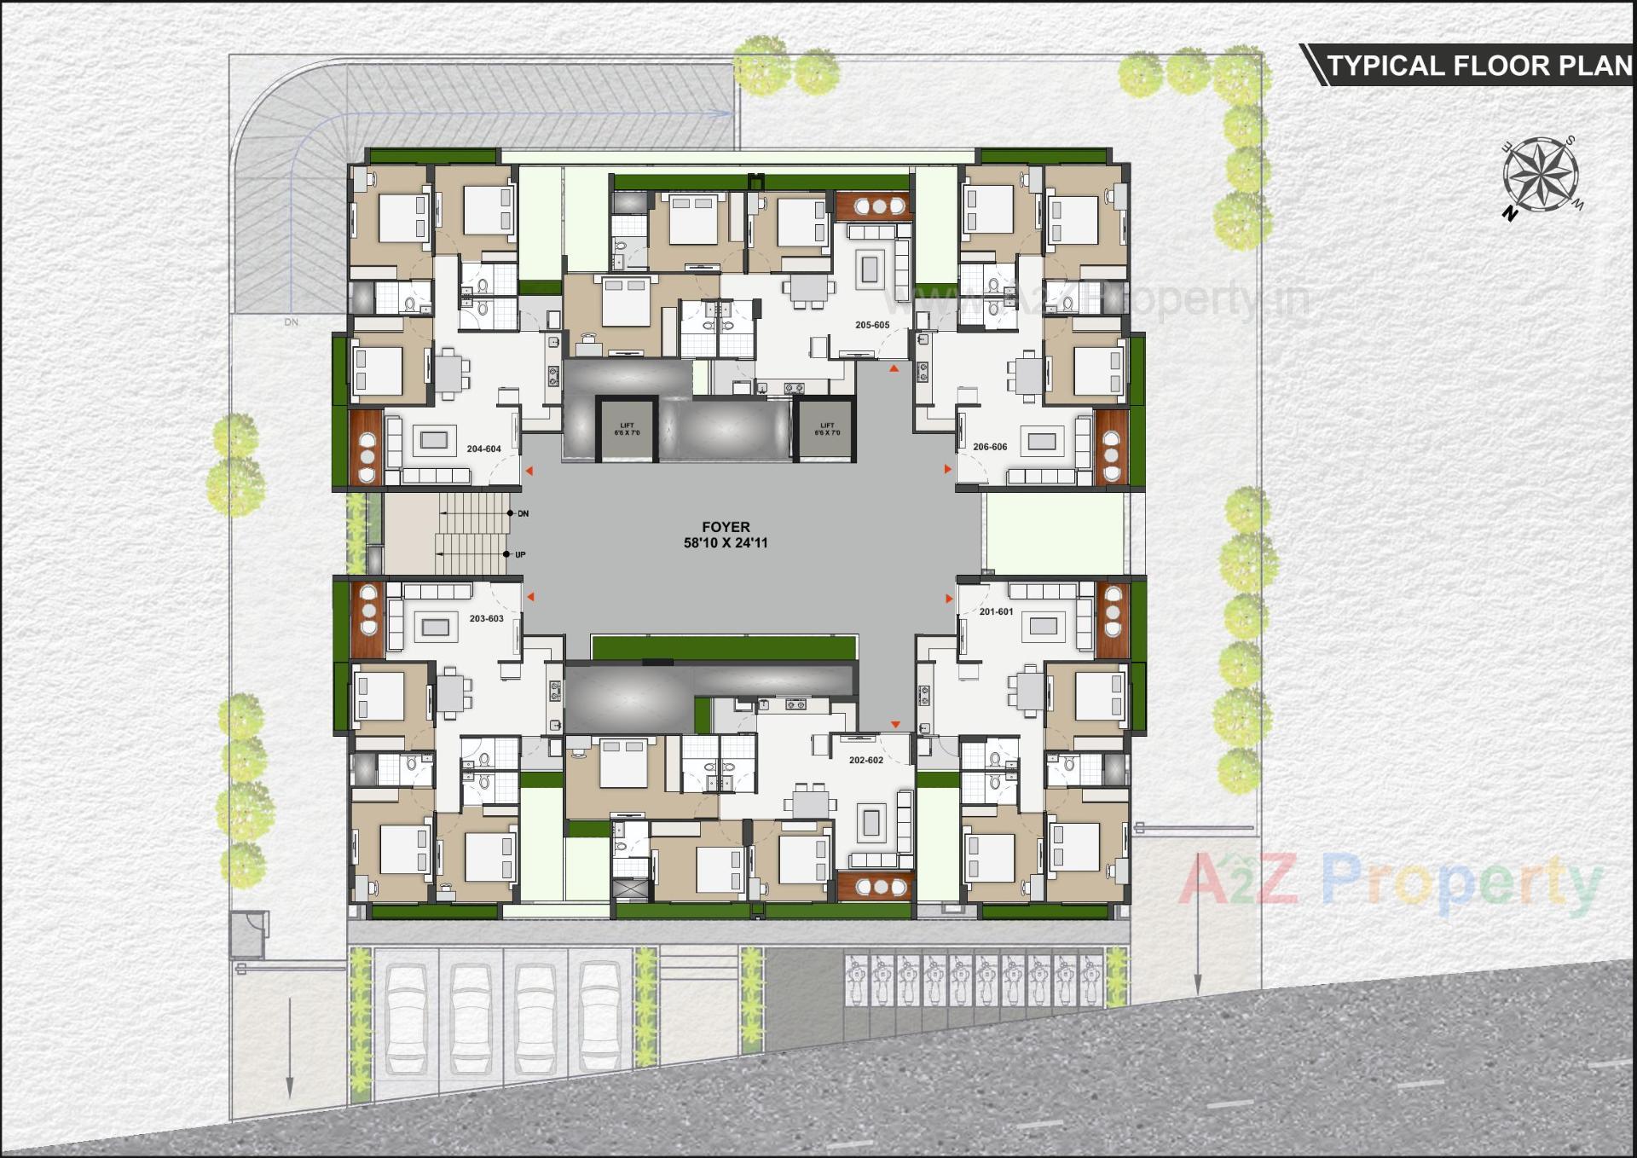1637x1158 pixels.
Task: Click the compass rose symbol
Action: [1541, 176]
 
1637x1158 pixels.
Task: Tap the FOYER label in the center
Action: [726, 527]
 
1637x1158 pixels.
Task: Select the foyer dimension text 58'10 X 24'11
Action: [726, 542]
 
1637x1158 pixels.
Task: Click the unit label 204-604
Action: [483, 449]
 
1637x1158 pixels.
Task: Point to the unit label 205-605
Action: [872, 325]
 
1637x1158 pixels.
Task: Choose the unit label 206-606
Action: [990, 447]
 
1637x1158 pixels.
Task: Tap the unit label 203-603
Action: [486, 618]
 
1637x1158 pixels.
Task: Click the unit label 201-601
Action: [996, 611]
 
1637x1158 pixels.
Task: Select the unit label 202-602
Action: [866, 760]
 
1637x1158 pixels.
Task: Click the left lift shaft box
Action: [627, 429]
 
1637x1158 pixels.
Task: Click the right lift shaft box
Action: [826, 429]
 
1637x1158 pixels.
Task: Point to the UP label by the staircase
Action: [520, 555]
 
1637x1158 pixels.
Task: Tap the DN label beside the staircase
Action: [523, 513]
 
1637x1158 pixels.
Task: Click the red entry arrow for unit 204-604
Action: [529, 471]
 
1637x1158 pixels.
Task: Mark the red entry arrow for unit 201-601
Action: [948, 599]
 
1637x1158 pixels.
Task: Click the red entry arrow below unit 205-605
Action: [894, 368]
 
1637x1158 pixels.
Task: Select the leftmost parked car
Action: [407, 1019]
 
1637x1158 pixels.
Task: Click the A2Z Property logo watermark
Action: [1390, 883]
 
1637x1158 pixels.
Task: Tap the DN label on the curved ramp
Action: [292, 322]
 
